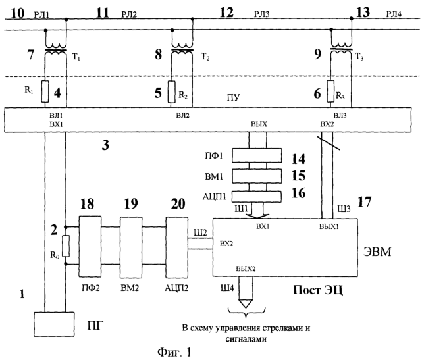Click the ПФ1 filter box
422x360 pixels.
(257, 155)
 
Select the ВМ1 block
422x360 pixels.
(257, 176)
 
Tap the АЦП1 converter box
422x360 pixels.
(257, 196)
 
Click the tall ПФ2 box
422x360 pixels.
(90, 246)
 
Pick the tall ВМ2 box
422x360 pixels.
(131, 247)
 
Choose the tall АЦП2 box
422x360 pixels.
(177, 247)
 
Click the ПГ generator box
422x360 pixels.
(54, 324)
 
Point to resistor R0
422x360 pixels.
(66, 246)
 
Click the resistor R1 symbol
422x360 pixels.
(45, 91)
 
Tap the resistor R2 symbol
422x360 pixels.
(171, 91)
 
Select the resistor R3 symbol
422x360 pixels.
(330, 91)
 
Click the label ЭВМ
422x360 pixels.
(377, 252)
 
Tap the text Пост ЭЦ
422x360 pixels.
(318, 290)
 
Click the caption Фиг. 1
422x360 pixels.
(174, 352)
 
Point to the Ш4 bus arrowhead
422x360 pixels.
(246, 303)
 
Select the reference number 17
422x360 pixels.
(365, 202)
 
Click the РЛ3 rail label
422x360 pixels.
(262, 14)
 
